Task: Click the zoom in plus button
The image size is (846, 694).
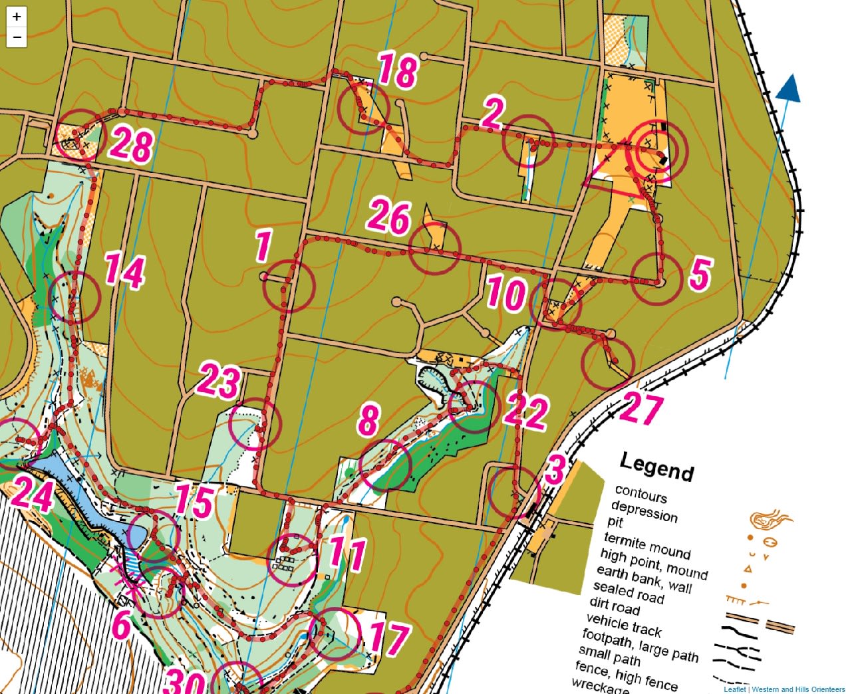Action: (17, 17)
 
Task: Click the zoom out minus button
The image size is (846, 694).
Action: (17, 37)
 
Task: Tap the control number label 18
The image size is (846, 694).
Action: (398, 70)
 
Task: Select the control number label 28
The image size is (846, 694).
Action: (132, 144)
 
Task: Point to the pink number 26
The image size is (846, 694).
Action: (389, 216)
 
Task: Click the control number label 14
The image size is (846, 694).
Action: (124, 271)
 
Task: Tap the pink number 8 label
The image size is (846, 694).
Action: (368, 420)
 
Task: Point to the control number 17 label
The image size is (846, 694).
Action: (389, 637)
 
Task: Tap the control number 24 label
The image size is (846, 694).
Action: (32, 493)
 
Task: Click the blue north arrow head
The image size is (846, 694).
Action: (789, 88)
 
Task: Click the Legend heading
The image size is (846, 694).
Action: (656, 466)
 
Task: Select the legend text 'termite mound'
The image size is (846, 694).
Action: (647, 545)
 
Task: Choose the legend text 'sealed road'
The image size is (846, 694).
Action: (629, 591)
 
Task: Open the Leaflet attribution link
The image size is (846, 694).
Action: (734, 689)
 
